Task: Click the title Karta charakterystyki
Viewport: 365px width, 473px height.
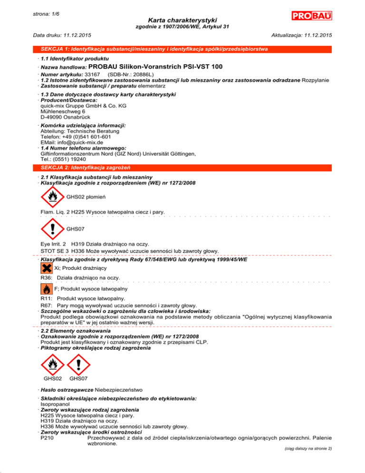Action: [182, 20]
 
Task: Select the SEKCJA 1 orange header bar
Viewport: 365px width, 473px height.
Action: [182, 49]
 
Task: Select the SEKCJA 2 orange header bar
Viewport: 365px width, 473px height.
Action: [182, 167]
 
